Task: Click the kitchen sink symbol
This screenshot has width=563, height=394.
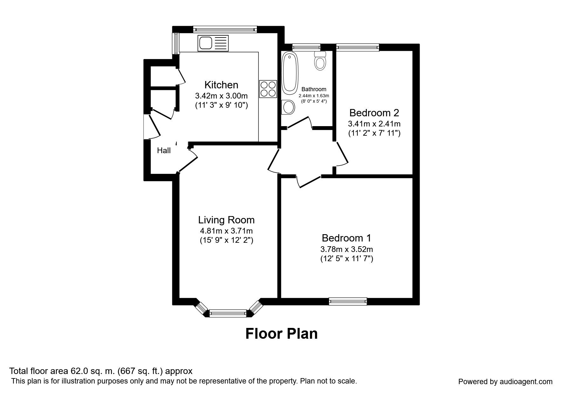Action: click(213, 43)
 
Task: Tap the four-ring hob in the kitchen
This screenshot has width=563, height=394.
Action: click(268, 89)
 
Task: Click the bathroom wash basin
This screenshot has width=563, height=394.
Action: click(288, 107)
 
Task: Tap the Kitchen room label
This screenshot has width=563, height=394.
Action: click(221, 85)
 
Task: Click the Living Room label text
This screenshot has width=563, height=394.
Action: click(226, 220)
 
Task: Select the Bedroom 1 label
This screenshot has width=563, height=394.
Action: click(346, 238)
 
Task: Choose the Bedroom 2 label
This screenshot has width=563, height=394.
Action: click(374, 113)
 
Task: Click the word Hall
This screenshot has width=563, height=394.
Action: click(164, 151)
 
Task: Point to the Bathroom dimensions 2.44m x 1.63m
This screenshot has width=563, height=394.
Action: click(313, 96)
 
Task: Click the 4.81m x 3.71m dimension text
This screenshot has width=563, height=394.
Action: click(226, 231)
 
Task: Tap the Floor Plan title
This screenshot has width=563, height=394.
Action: click(281, 334)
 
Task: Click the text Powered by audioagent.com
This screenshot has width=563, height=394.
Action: click(505, 382)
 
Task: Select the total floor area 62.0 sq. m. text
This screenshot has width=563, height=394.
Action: click(101, 371)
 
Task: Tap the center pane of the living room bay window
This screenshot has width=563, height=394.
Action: click(228, 313)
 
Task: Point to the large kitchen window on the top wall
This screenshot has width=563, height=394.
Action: click(225, 29)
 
